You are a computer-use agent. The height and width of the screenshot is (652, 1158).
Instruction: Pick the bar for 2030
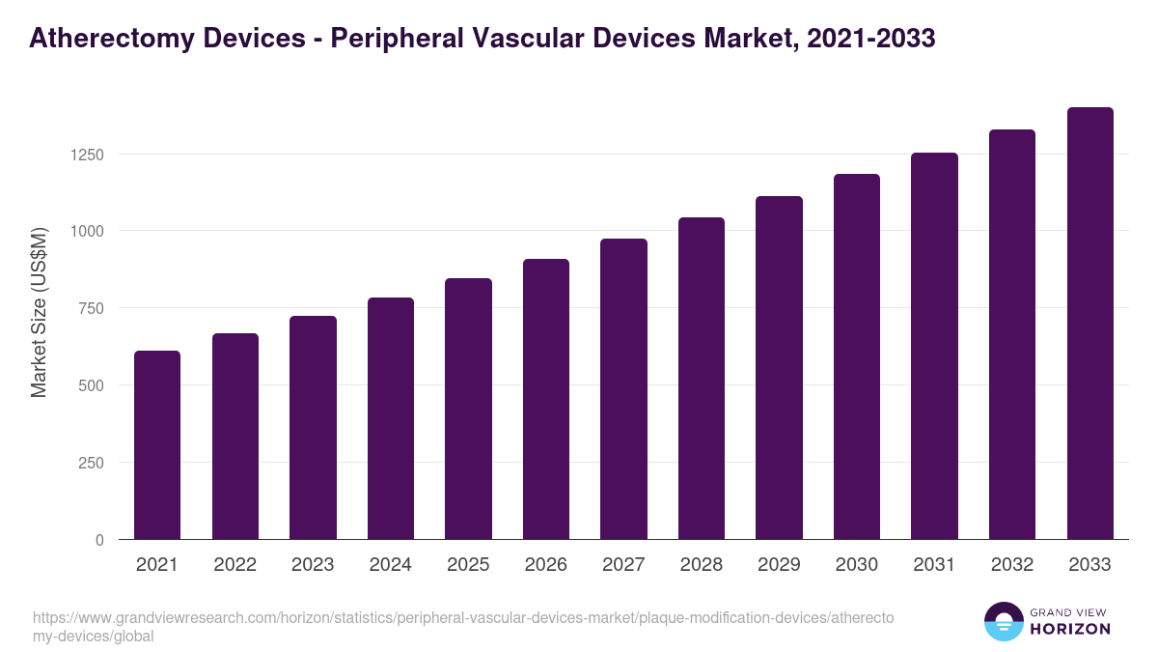[x=857, y=356]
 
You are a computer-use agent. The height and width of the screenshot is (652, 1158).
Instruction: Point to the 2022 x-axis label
[x=234, y=565]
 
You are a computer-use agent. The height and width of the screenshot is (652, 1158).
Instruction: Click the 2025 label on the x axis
[x=468, y=565]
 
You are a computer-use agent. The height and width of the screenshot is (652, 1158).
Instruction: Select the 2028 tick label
[x=702, y=565]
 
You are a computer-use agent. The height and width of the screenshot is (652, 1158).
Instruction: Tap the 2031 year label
[x=934, y=565]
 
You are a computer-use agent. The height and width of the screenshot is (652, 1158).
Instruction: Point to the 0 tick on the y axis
[x=99, y=540]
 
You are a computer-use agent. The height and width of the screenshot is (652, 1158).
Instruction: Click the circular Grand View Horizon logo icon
[x=1003, y=621]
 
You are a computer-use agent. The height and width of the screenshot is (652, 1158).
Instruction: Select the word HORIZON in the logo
[x=1071, y=629]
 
